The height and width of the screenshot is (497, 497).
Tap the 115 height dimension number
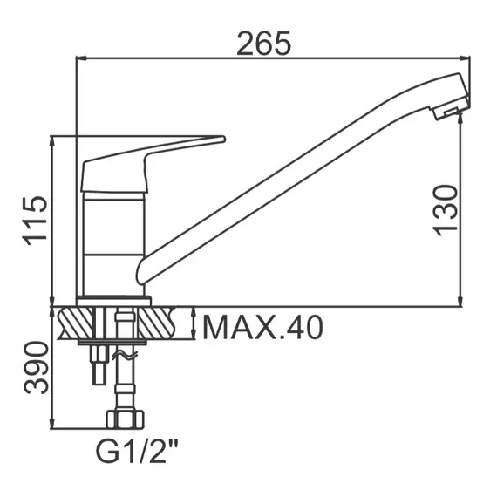[35, 221]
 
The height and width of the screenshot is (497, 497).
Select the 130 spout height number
[444, 209]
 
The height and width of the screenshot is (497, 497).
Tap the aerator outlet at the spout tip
[446, 109]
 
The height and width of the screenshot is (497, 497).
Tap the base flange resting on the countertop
[113, 301]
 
